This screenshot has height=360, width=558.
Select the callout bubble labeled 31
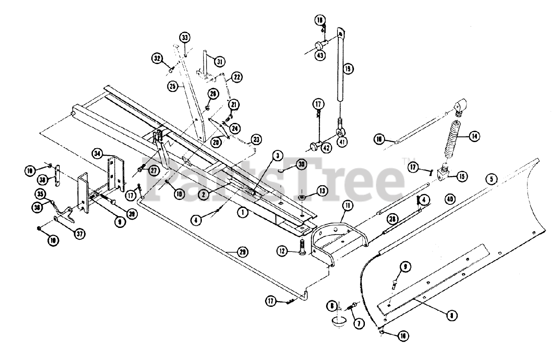219,61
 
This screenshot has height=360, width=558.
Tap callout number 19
348,68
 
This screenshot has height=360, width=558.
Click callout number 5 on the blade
492,178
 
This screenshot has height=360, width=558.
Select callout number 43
320,55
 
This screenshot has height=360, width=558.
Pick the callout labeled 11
347,205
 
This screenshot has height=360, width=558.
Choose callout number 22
236,77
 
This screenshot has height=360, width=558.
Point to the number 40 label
451,199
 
